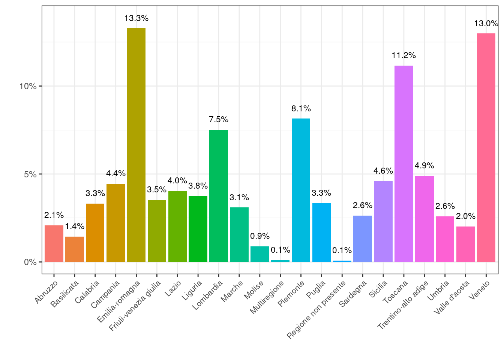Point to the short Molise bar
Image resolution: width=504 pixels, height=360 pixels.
tap(259, 254)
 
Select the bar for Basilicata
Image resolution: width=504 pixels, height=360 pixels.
tap(75, 249)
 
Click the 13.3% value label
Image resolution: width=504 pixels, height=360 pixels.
tap(136, 18)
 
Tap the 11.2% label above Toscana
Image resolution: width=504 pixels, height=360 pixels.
tap(404, 55)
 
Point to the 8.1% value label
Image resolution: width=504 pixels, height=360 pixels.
tap(301, 109)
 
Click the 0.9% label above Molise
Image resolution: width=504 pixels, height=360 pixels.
tap(260, 236)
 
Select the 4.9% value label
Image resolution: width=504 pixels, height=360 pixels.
tap(424, 166)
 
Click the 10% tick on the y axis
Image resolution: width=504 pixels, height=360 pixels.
tap(28, 86)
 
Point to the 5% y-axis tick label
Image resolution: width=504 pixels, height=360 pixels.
tap(30, 174)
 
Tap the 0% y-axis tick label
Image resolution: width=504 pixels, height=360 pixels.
tap(30, 262)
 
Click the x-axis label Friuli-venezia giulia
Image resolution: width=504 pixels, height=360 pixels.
tap(135, 305)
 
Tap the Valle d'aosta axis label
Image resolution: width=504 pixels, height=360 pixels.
tap(451, 297)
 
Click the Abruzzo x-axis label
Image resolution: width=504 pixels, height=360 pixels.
tap(46, 292)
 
